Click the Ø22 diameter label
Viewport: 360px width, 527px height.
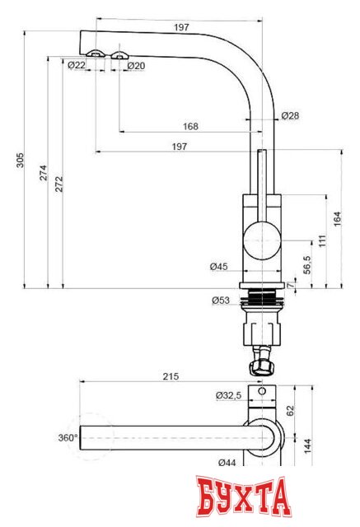point(77,65)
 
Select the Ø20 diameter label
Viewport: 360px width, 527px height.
point(136,65)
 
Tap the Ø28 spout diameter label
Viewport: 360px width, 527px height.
point(290,116)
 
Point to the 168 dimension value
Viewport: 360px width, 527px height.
point(190,127)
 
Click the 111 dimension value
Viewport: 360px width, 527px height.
point(322,240)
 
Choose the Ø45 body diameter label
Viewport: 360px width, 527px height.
point(218,266)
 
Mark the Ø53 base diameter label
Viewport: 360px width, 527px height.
point(220,301)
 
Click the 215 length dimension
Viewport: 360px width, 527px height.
point(171,376)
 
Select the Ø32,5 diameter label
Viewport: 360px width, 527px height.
point(228,396)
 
